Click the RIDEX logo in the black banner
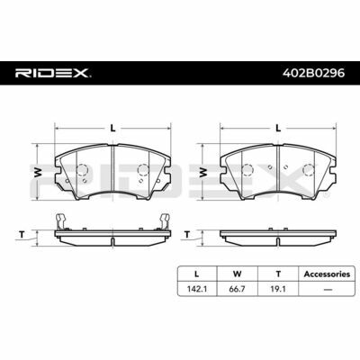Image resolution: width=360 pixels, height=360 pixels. coord(53,73)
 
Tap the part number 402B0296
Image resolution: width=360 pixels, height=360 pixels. coord(314,73)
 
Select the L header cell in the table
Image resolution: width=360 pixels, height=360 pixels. coord(196,274)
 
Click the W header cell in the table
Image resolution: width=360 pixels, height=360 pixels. coord(237,274)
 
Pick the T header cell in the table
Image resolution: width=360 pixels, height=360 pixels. coord(278,274)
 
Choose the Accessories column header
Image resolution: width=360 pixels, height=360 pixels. coord(327,274)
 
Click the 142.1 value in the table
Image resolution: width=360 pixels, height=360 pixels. coord(197,289)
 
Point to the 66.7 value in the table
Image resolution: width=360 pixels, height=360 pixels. coord(238,289)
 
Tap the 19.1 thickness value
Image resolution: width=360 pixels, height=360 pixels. coord(278,289)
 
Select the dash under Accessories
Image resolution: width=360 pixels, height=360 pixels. coord(328,290)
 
